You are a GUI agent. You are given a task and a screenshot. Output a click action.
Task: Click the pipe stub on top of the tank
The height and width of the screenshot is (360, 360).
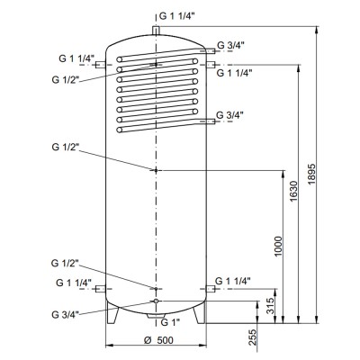[157, 30]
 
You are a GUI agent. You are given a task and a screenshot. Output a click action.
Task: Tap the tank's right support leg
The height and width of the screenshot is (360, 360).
[201, 312]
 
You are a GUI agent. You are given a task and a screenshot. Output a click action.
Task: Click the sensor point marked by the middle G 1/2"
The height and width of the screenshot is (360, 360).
[157, 170]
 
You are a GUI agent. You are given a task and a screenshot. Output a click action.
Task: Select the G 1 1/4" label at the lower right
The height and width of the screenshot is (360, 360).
[240, 282]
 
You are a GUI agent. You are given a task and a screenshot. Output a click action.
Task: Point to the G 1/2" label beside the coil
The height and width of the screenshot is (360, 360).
[67, 79]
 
